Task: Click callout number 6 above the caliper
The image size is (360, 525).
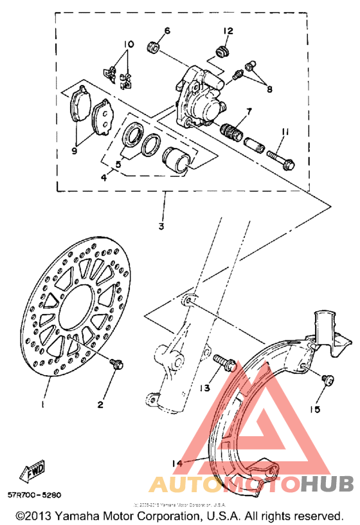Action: point(166,31)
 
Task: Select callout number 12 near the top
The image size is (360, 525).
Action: point(228,31)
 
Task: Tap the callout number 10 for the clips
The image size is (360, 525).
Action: point(130,44)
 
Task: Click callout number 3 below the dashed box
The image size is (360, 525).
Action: point(161,226)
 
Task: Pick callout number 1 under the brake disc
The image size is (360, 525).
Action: point(42,405)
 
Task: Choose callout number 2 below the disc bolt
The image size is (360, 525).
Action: point(100,404)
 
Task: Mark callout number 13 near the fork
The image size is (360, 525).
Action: point(204,388)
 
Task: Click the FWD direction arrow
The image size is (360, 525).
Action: point(35,474)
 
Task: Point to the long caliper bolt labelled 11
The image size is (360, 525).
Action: point(283,156)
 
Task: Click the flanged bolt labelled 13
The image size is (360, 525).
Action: point(222,362)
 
